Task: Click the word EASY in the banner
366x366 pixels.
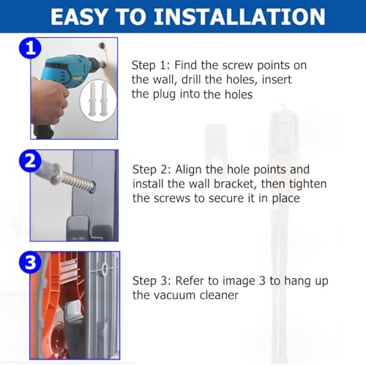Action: (x=79, y=17)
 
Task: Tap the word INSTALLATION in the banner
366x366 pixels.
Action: (x=239, y=17)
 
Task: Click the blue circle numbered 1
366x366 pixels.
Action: (x=31, y=48)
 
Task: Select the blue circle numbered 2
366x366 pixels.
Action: (x=31, y=161)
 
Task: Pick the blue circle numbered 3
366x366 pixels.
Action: (x=31, y=263)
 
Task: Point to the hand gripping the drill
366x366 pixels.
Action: (x=49, y=101)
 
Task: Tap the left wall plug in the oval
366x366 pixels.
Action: (x=93, y=99)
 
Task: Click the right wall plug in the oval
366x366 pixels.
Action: (x=104, y=99)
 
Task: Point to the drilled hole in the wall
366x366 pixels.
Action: (x=102, y=45)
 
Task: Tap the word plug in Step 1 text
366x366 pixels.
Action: (x=164, y=94)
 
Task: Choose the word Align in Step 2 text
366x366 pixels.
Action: (x=188, y=170)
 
